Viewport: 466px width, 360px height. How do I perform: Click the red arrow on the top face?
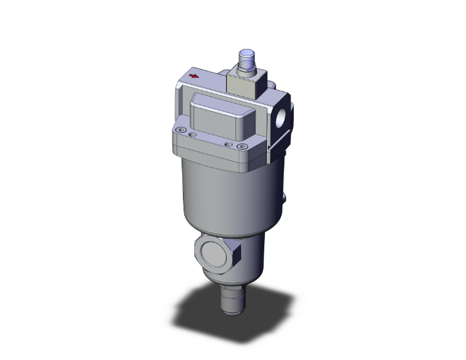(195, 76)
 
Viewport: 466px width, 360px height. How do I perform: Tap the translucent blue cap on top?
(247, 58)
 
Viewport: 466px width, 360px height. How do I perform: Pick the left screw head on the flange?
(182, 130)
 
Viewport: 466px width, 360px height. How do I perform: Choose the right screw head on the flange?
(242, 146)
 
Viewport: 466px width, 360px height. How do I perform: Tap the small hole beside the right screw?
(229, 143)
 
